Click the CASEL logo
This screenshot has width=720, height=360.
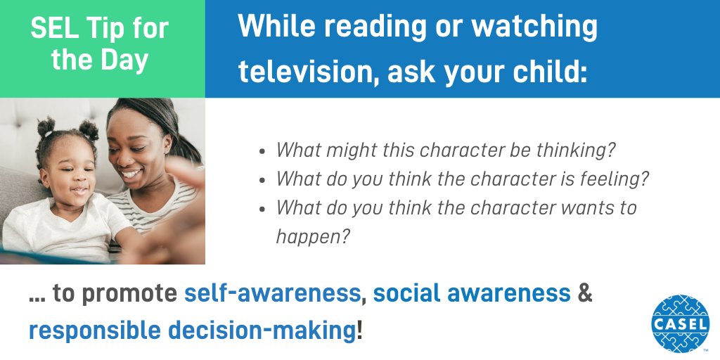point(680,323)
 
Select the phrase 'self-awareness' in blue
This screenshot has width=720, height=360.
point(272,294)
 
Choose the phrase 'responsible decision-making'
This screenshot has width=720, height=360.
point(192,329)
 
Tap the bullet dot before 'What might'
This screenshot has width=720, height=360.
point(262,151)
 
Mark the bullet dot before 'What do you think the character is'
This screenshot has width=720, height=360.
point(262,180)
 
